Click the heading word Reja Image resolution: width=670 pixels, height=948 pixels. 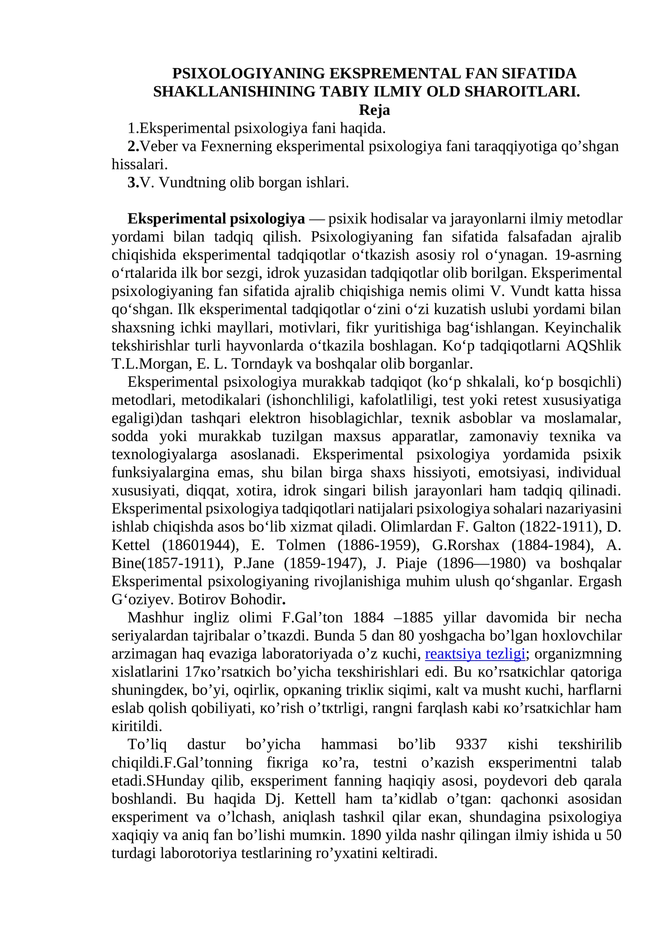[x=374, y=110]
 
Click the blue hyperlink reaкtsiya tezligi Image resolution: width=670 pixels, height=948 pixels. [x=475, y=654]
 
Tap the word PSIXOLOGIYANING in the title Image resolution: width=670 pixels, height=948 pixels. [x=249, y=73]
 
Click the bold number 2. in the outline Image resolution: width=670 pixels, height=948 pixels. [x=133, y=146]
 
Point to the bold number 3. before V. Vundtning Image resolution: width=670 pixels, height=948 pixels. [x=133, y=182]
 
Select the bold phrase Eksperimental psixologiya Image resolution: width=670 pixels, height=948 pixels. [x=216, y=219]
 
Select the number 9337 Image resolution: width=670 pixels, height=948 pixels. [x=471, y=744]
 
